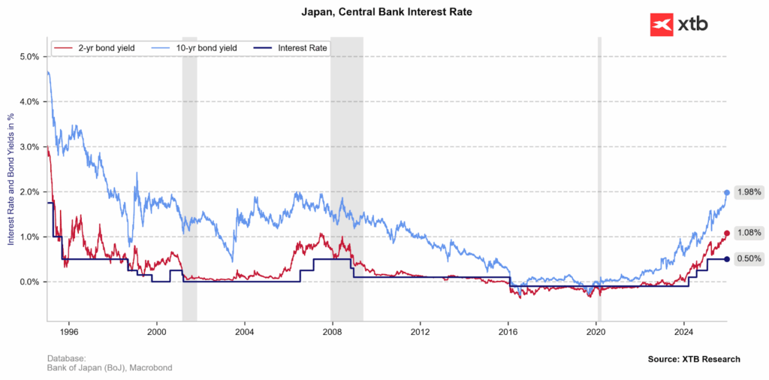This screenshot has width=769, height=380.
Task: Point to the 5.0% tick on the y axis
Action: [x=29, y=57]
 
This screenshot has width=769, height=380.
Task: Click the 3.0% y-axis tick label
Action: [x=29, y=147]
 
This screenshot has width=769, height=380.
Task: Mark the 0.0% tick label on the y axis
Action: [x=29, y=282]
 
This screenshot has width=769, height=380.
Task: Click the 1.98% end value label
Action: [x=749, y=192]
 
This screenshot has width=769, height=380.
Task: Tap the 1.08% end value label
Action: [x=749, y=233]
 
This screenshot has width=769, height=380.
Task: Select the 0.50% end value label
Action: [x=749, y=259]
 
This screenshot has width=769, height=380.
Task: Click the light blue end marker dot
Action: [x=727, y=193]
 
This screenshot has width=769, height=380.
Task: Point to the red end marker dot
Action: [x=727, y=234]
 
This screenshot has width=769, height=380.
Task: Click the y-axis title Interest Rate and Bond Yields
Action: [x=11, y=180]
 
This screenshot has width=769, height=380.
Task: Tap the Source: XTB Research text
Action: [x=694, y=359]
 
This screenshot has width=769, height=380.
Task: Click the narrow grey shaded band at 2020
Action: [x=599, y=180]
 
